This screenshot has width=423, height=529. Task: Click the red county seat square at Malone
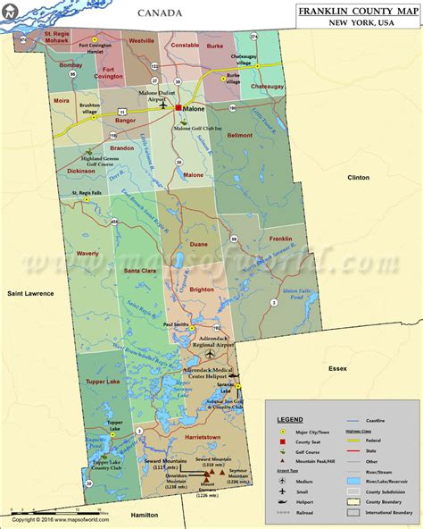pos(178,107)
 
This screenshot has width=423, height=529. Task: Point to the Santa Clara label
pos(141,270)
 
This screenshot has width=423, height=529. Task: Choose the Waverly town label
pos(87,253)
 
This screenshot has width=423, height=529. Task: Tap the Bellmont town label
pos(241,136)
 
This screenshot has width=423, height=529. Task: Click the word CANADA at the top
pos(161,13)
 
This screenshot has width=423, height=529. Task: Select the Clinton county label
pos(358,178)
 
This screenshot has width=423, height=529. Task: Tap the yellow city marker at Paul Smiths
pos(192,328)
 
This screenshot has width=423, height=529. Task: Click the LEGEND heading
pos(290,419)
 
